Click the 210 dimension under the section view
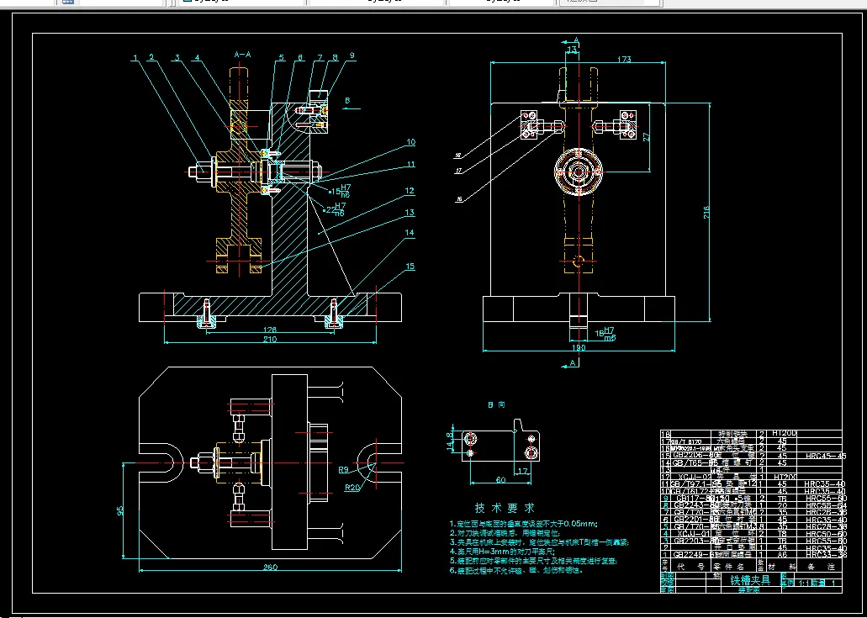point(270,339)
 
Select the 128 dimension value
point(270,330)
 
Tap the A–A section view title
point(242,55)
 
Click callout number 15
point(410,266)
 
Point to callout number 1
point(135,58)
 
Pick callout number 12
point(410,192)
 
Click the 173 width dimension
point(577,60)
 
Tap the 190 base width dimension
point(578,347)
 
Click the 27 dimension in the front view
point(647,136)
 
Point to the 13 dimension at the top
point(573,50)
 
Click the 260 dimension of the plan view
point(270,568)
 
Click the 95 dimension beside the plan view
point(120,510)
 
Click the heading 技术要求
point(505,508)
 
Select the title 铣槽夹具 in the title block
point(749,580)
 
